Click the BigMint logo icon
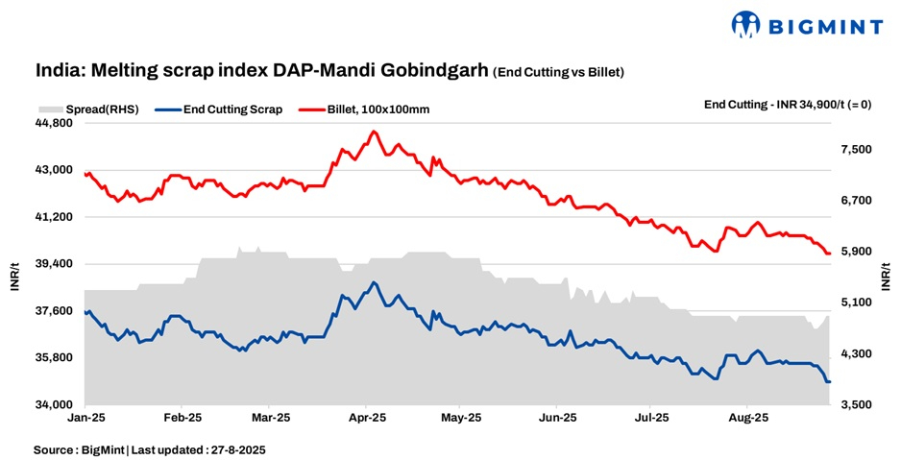746,23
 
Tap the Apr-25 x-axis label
367,419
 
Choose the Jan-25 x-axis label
87,419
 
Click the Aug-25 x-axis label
747,419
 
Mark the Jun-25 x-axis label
557,419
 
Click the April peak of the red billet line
374,132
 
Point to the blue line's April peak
374,282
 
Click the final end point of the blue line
829,382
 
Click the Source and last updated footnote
149,449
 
